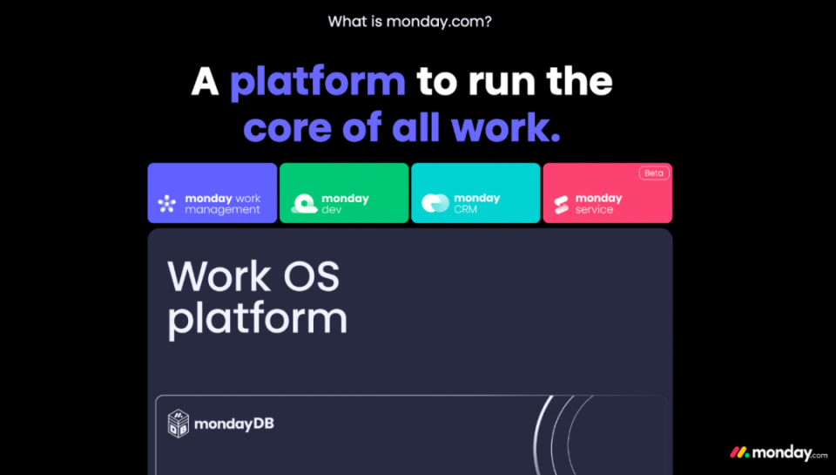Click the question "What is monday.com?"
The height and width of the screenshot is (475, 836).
[x=409, y=22]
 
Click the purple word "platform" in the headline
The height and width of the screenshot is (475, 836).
[x=318, y=82]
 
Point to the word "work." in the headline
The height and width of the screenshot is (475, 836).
[x=505, y=127]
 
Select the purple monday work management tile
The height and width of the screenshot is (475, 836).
[x=212, y=193]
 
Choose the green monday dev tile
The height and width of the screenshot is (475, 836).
[x=344, y=193]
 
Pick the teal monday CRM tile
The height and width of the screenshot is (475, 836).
[x=475, y=193]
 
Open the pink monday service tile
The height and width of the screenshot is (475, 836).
[x=607, y=193]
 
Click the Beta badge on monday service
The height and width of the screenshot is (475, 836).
[x=654, y=173]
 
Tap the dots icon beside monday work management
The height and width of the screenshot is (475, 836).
[x=167, y=203]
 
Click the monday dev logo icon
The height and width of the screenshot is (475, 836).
[x=305, y=203]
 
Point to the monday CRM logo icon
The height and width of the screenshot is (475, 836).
[x=435, y=203]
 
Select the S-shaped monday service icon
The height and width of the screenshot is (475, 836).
[x=562, y=205]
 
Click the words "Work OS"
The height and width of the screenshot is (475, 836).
[x=253, y=276]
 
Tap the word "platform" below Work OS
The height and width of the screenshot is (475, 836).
[x=258, y=320]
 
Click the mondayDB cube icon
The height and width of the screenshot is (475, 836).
[x=179, y=424]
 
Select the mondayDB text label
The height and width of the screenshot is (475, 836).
[x=234, y=424]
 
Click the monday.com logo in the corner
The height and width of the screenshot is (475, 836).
[x=779, y=453]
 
